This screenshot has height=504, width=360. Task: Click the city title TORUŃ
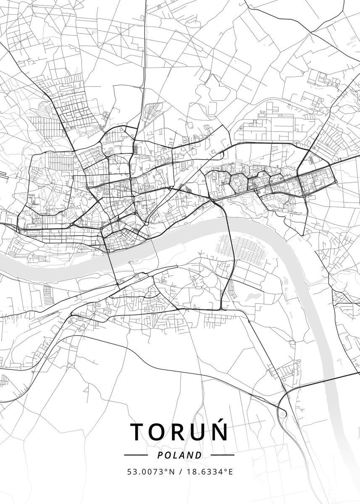[179, 432]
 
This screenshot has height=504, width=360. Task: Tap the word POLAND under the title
[180, 455]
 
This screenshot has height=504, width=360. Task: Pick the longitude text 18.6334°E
[210, 471]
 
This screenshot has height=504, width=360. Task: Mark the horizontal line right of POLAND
[222, 455]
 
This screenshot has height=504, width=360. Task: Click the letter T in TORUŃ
[138, 432]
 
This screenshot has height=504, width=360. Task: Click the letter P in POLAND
[160, 455]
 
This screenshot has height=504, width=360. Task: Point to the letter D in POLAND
[199, 455]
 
